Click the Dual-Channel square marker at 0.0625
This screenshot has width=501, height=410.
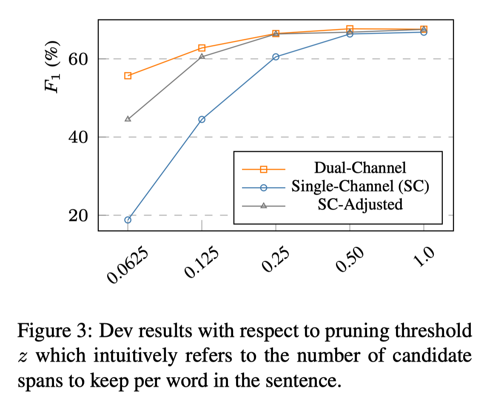pyautogui.click(x=128, y=76)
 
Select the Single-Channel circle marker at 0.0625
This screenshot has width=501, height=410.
pyautogui.click(x=128, y=220)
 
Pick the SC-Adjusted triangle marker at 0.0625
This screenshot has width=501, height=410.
pyautogui.click(x=128, y=119)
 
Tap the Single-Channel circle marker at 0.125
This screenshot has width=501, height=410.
pyautogui.click(x=202, y=119)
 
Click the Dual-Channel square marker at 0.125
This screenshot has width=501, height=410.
pyautogui.click(x=202, y=48)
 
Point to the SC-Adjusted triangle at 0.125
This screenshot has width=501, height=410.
pyautogui.click(x=202, y=56)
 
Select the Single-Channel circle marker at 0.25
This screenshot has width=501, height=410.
pyautogui.click(x=276, y=57)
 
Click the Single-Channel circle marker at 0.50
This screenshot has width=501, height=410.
pyautogui.click(x=350, y=34)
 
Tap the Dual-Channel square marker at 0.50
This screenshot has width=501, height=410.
pyautogui.click(x=350, y=29)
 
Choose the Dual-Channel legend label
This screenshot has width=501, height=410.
pyautogui.click(x=360, y=167)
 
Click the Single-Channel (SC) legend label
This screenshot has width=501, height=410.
pyautogui.click(x=360, y=186)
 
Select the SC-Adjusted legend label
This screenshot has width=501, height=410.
pyautogui.click(x=360, y=205)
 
